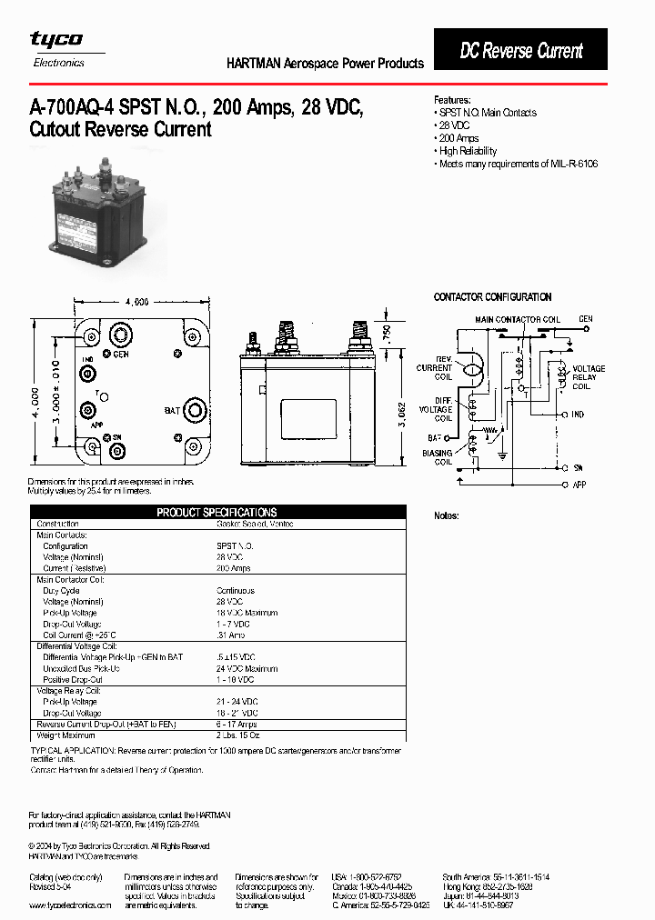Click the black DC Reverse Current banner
[x=520, y=51]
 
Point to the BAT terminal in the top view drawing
[x=194, y=410]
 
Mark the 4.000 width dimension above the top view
[x=136, y=303]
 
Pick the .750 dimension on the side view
[x=387, y=333]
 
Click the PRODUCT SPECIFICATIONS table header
[x=217, y=513]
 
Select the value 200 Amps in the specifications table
[x=234, y=568]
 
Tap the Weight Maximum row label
[x=65, y=735]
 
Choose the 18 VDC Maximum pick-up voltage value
[x=247, y=613]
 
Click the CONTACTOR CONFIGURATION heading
[x=492, y=297]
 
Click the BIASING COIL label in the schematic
[x=437, y=457]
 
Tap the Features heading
[x=452, y=100]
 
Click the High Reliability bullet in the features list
[x=468, y=151]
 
